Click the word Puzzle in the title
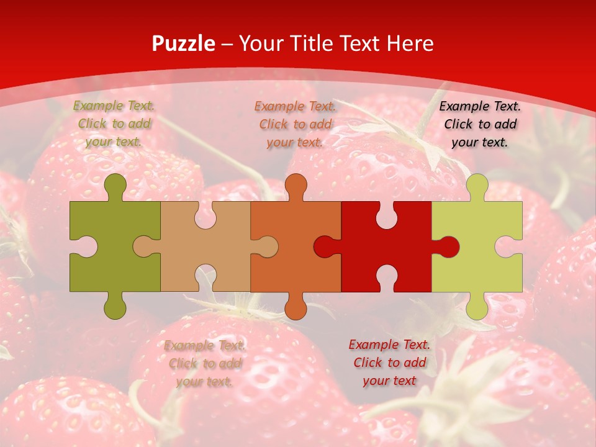183,43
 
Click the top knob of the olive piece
115,185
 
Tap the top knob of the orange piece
296,185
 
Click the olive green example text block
114,124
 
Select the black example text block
480,124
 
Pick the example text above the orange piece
296,124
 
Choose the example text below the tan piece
205,363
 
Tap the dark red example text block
389,363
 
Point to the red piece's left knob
325,246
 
